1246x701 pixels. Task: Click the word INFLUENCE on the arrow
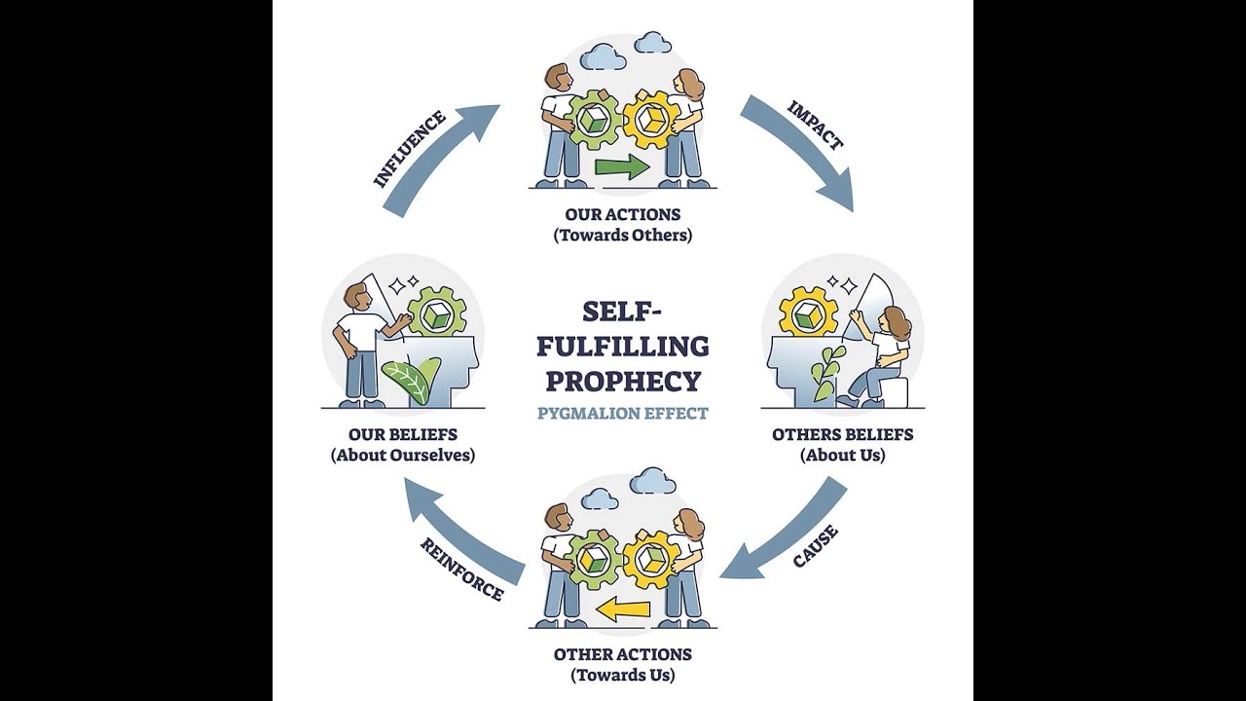click(410, 148)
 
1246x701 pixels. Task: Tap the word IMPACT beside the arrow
click(815, 125)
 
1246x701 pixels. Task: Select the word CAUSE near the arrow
click(816, 547)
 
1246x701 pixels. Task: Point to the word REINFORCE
click(462, 569)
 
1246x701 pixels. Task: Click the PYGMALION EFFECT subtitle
click(623, 413)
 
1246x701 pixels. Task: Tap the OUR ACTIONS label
click(623, 214)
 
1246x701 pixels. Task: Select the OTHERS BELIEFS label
click(843, 434)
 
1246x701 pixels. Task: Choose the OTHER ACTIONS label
click(623, 654)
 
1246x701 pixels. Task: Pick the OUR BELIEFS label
click(403, 434)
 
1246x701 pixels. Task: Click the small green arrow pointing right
click(622, 166)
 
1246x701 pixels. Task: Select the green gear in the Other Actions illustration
click(593, 559)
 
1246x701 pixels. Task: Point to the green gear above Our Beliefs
click(436, 314)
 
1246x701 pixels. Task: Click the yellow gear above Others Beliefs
click(809, 314)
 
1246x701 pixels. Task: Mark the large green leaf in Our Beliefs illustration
click(411, 380)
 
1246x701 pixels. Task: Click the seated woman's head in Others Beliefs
click(896, 320)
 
